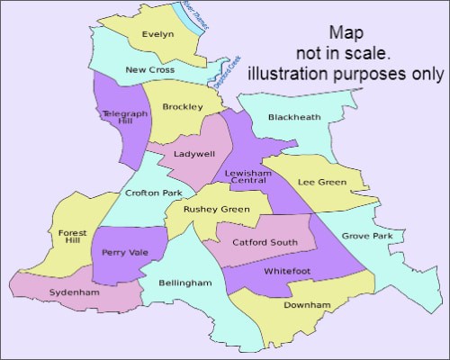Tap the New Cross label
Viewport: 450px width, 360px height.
(149, 69)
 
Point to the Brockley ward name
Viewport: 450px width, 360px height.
(182, 107)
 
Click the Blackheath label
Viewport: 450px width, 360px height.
(293, 117)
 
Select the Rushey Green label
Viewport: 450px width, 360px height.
(216, 210)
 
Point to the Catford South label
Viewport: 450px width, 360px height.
(265, 242)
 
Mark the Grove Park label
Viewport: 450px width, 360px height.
(367, 237)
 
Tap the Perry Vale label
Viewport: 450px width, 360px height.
(125, 253)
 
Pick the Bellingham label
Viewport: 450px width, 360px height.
(184, 283)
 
